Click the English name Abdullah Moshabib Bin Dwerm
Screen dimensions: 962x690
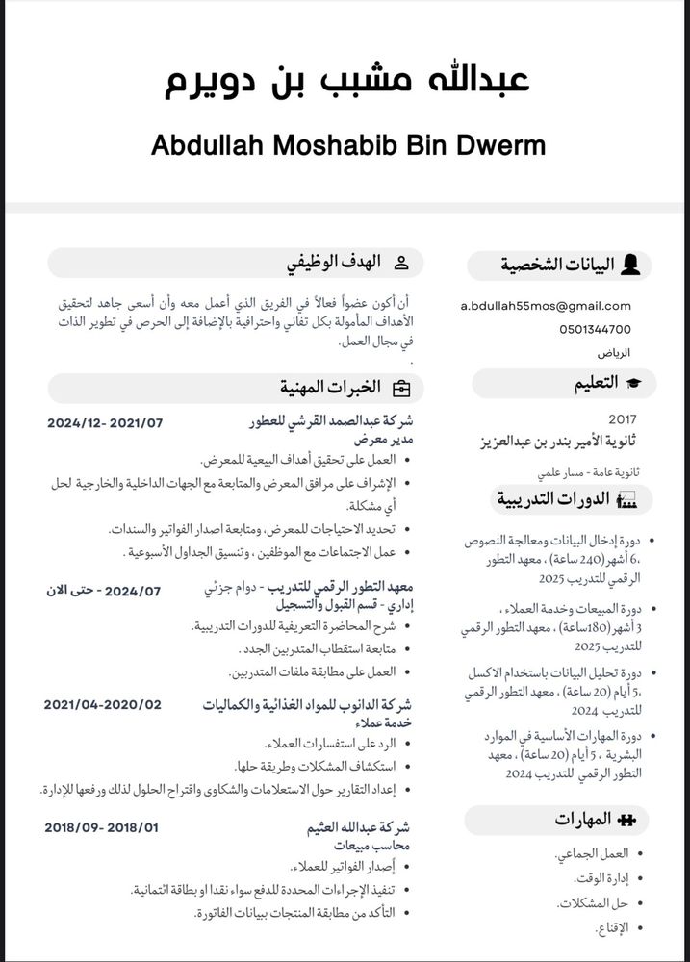pyautogui.click(x=348, y=145)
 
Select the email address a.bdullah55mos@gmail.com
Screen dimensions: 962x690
pyautogui.click(x=546, y=306)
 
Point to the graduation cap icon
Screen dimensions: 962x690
pyautogui.click(x=634, y=384)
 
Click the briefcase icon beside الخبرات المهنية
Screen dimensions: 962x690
pyautogui.click(x=400, y=388)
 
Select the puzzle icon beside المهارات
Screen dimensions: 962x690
pyautogui.click(x=626, y=820)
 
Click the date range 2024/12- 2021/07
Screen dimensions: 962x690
pyautogui.click(x=105, y=422)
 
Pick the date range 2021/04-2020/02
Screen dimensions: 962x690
pyautogui.click(x=103, y=704)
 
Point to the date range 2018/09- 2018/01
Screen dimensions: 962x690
pyautogui.click(x=102, y=826)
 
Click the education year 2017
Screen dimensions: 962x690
pyautogui.click(x=623, y=419)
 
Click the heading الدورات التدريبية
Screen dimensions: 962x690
pyautogui.click(x=553, y=498)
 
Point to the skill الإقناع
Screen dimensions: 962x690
pyautogui.click(x=611, y=928)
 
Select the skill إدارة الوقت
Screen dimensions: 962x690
pyautogui.click(x=601, y=878)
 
